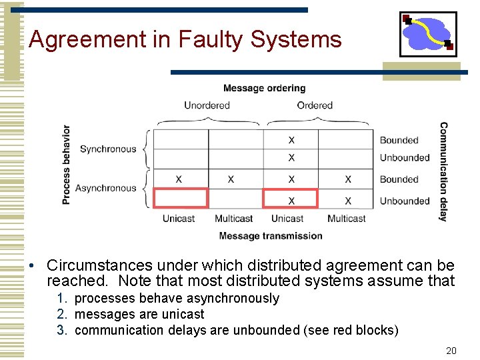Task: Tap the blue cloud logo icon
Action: (x=427, y=34)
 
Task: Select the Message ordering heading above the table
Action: (x=264, y=88)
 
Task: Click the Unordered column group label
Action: (x=207, y=105)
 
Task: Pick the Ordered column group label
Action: (x=315, y=105)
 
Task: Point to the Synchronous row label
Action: (x=107, y=149)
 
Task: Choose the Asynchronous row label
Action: (x=105, y=189)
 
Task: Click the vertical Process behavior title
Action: (x=66, y=165)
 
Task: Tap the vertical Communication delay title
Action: (x=443, y=171)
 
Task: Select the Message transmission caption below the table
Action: (x=270, y=235)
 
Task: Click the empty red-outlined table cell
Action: (x=181, y=199)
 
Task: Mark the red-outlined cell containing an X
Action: (x=291, y=199)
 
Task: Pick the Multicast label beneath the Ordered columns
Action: (x=346, y=219)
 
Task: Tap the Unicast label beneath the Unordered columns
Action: (x=179, y=219)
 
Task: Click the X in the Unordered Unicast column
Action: (x=179, y=179)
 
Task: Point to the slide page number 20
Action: (x=451, y=351)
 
